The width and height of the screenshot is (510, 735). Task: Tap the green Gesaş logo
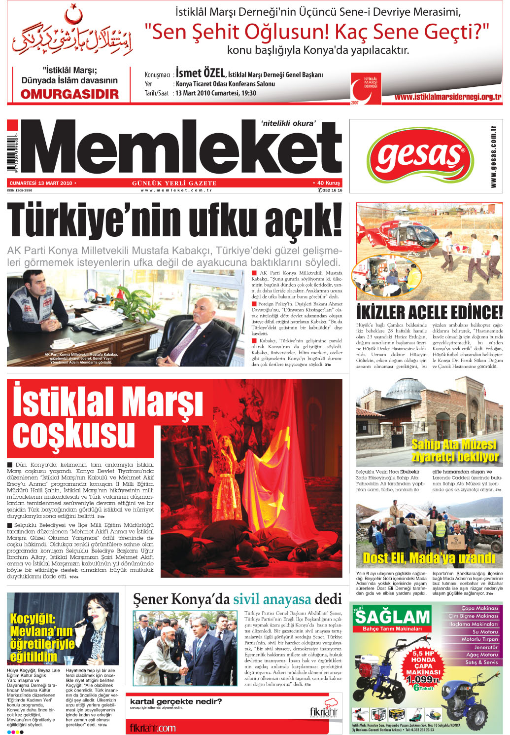[420, 155]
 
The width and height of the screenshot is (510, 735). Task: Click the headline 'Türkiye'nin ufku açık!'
[174, 220]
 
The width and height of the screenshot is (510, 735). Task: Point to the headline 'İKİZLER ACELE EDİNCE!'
[429, 312]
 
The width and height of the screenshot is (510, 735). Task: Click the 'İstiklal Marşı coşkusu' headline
[106, 417]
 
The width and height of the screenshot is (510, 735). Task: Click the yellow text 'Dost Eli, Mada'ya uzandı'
[429, 558]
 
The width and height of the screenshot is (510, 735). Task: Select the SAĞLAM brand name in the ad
[392, 617]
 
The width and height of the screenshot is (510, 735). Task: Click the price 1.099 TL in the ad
[420, 680]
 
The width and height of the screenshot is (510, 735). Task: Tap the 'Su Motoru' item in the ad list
[485, 632]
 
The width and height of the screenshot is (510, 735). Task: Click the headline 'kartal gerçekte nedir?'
[175, 701]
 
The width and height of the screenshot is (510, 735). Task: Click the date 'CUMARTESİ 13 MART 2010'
[41, 183]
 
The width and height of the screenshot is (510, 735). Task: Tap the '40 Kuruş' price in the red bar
[328, 183]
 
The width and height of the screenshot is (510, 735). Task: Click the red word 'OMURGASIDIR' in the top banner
[69, 94]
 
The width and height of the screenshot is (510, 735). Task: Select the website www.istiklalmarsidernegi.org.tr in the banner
[447, 97]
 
